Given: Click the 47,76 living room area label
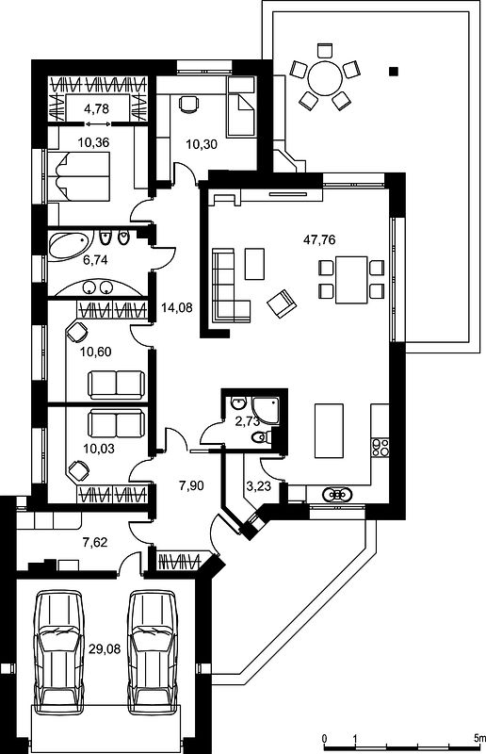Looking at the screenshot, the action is tap(319, 239).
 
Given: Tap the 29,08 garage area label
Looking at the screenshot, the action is tap(105, 649).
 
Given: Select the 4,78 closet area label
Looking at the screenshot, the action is tap(96, 108).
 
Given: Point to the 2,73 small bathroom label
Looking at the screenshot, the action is tap(248, 421).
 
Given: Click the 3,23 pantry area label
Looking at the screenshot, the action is tap(259, 486).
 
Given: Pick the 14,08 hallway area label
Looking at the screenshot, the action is tap(176, 307).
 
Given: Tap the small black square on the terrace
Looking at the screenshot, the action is tap(394, 72).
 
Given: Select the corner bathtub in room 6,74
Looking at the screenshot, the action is tap(71, 246).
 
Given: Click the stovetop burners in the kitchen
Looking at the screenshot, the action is tap(380, 447).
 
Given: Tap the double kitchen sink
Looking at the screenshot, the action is tap(336, 494).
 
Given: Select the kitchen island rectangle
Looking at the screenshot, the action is tap(329, 431).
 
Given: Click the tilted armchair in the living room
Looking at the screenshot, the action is tap(283, 303).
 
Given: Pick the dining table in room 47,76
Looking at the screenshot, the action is tap(351, 280).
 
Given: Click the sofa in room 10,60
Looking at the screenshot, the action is tap(117, 385).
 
